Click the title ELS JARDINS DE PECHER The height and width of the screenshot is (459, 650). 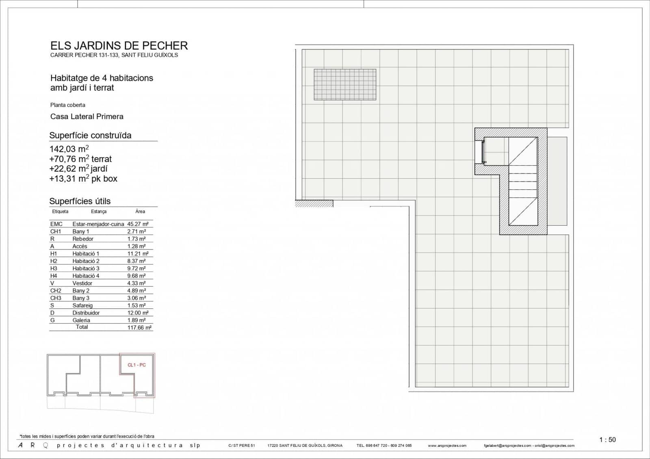click(x=119, y=45)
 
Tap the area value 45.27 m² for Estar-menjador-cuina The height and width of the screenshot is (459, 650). click(x=138, y=224)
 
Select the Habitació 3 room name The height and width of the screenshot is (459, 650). click(x=86, y=268)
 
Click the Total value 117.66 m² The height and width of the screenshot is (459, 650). click(x=139, y=327)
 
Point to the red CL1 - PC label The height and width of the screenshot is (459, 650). click(x=136, y=365)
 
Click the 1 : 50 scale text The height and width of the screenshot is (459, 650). click(x=607, y=440)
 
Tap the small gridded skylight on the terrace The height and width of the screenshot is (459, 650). click(x=345, y=84)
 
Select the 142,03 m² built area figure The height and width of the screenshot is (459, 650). click(x=69, y=149)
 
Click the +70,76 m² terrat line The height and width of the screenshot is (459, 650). click(x=80, y=159)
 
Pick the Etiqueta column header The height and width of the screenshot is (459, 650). click(x=60, y=211)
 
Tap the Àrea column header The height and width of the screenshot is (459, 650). click(x=140, y=211)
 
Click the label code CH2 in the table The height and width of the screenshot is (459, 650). click(x=56, y=290)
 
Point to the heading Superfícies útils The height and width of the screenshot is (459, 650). click(x=80, y=201)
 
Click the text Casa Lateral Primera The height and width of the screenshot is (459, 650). click(x=87, y=117)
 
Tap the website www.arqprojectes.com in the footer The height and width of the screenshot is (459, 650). click(x=447, y=446)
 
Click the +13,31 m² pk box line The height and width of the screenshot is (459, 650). click(x=83, y=179)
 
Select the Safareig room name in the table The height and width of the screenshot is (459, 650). click(x=82, y=305)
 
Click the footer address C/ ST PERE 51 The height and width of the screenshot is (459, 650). click(x=241, y=446)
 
